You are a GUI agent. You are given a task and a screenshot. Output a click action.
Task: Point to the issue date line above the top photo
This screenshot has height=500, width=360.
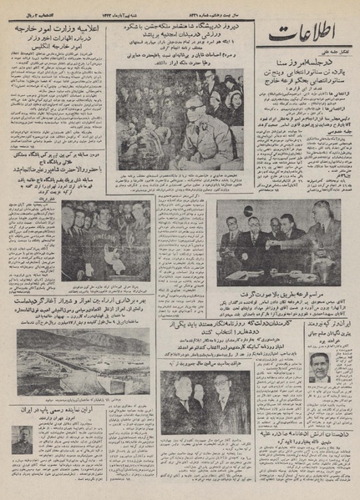pos(180,6)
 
